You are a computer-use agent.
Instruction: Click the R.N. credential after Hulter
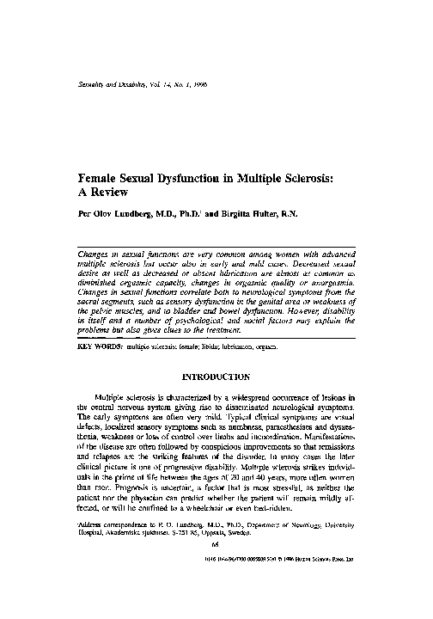click(296, 215)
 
